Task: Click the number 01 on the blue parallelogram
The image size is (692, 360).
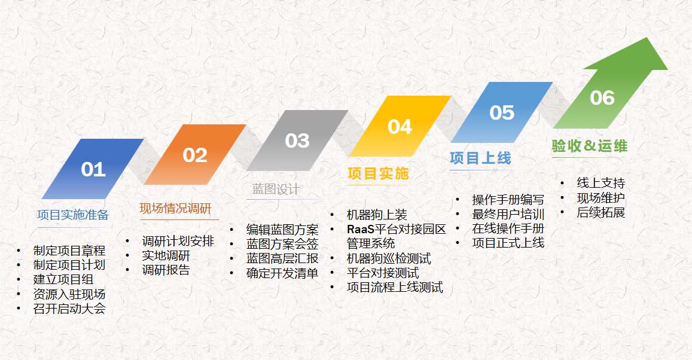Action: coord(93,169)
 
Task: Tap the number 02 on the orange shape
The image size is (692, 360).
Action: coord(195,155)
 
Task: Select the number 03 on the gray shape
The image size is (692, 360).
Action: coord(297,141)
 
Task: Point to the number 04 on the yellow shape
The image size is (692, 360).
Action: coord(400,127)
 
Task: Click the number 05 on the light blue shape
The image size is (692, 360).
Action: coord(502,112)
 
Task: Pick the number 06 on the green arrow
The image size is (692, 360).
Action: coord(602,98)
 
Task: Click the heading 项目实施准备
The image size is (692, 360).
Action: coord(73,215)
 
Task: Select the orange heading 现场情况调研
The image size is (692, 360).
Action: coord(176,208)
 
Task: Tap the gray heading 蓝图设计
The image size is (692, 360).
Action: coord(276,189)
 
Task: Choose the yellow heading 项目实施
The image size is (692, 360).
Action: coord(378,173)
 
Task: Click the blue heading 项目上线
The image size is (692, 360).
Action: coord(481,158)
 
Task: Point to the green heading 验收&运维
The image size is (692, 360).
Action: coord(590,145)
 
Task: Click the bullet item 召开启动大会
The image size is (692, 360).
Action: coord(69,309)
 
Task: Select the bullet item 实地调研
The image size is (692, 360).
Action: coord(166,255)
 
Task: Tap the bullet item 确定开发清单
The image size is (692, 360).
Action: coord(282,273)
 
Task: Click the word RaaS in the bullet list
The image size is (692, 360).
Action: coord(361,230)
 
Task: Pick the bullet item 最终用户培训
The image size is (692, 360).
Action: coord(508,214)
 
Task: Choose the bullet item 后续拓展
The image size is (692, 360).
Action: coord(600,212)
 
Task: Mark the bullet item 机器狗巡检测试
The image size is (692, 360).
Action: coord(389,258)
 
